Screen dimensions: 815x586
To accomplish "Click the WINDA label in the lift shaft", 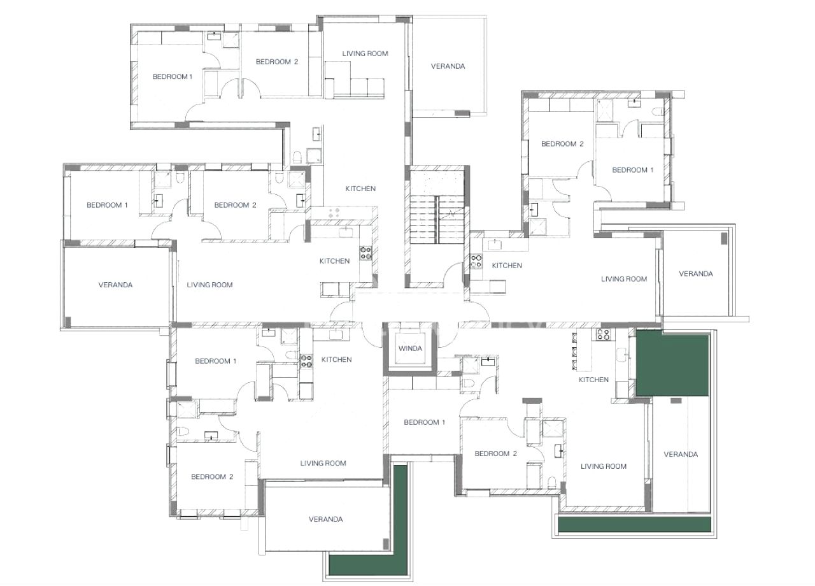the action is tap(410, 348).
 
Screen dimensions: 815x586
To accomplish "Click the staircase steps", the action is tap(437, 220).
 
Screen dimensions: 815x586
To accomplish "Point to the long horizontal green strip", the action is tap(635, 524).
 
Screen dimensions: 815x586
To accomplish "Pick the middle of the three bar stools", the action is tap(574, 351).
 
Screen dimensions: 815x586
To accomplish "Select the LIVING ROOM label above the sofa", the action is tap(365, 54).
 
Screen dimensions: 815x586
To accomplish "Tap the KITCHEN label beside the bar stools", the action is tap(593, 380).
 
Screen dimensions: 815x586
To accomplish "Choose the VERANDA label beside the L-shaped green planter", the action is tap(325, 519).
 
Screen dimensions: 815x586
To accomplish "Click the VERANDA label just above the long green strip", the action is tap(681, 454).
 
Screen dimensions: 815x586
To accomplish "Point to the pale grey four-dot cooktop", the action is tap(334, 213).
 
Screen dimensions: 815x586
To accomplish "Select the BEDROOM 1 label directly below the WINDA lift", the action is tap(424, 422).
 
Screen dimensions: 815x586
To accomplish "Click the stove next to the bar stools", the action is tap(603, 334).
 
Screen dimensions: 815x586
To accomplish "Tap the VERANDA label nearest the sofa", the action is tap(448, 66).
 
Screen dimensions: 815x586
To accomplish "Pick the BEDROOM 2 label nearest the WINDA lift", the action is tap(495, 454).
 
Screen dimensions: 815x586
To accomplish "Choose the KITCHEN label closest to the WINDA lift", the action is tap(336, 360).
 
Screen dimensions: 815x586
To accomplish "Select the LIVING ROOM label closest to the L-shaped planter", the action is tap(323, 463).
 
